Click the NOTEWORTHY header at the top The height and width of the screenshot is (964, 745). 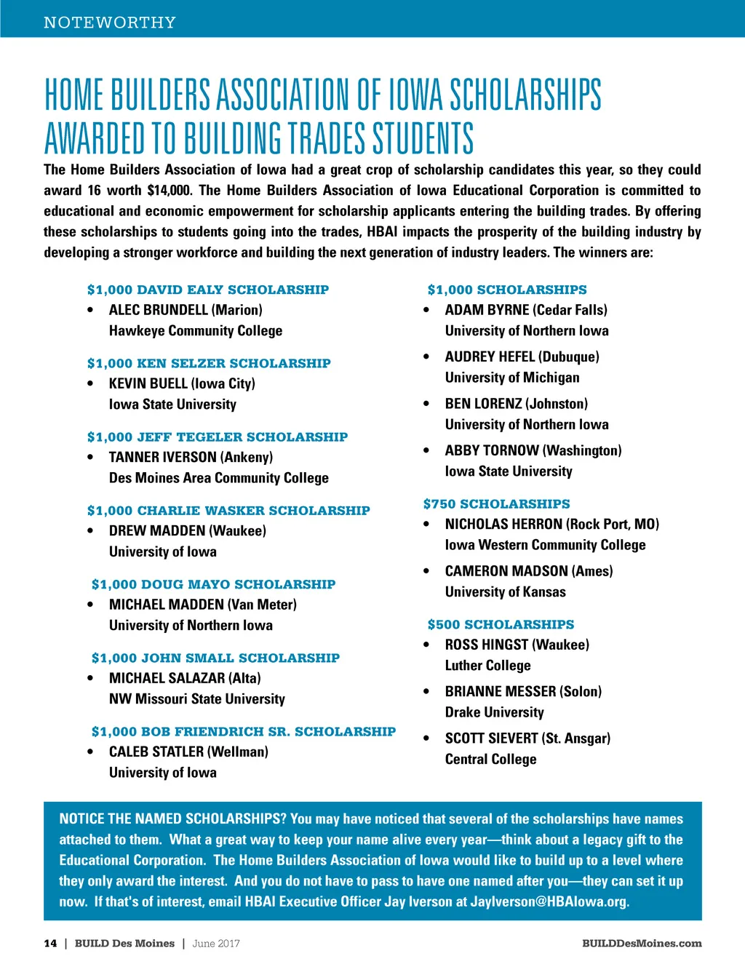point(110,23)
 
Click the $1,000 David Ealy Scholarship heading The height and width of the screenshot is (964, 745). point(208,290)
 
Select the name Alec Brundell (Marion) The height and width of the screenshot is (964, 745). point(186,310)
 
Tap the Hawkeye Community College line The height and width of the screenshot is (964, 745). point(196,331)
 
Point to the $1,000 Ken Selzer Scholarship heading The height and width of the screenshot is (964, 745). point(209,363)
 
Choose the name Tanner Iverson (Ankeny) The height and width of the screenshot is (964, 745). point(191,458)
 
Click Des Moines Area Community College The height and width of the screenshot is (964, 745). point(219,478)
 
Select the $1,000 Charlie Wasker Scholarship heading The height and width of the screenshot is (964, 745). point(228,511)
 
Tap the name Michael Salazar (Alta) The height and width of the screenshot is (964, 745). point(185,678)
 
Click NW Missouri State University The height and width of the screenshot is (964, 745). point(197,699)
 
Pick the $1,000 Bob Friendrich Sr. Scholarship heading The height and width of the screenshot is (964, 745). point(244,731)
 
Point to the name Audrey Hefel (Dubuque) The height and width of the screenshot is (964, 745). point(522,357)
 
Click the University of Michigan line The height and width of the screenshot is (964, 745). point(512,378)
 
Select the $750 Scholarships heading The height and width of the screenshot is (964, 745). point(497,503)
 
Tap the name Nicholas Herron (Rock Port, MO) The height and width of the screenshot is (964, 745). point(552,525)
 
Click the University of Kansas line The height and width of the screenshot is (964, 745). point(506,592)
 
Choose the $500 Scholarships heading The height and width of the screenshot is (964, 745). point(501,624)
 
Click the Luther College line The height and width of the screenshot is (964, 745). point(488,666)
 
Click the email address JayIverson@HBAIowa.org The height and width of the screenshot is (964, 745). point(549,902)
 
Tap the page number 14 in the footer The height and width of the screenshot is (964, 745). point(50,944)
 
